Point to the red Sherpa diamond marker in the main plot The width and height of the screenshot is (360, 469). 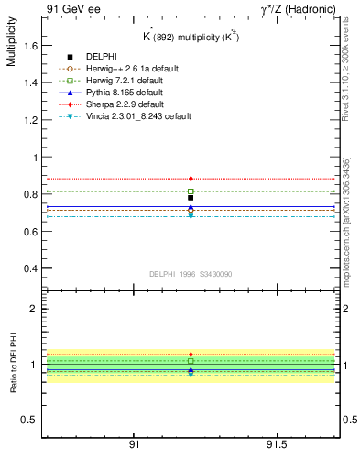(191, 179)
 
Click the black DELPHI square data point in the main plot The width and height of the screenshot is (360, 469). (191, 198)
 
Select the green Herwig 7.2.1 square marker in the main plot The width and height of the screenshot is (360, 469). (191, 191)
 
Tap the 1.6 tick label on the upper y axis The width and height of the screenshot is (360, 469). (31, 45)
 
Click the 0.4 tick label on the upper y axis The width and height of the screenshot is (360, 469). (31, 269)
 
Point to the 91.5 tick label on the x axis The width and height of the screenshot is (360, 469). (277, 444)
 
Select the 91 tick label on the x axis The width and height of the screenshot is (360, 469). (134, 444)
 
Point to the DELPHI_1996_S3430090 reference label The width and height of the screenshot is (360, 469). (190, 274)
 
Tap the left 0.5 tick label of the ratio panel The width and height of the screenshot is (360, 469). (31, 420)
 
